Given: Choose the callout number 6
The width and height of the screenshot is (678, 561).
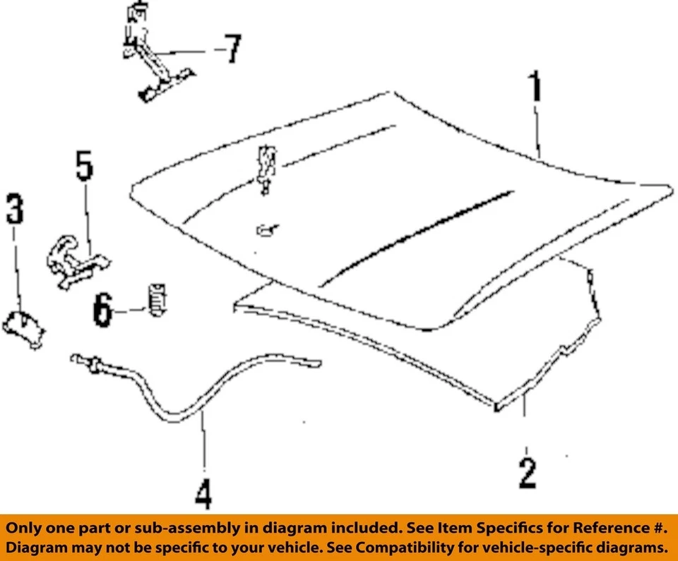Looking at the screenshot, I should tap(103, 310).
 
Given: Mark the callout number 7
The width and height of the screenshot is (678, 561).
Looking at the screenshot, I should tap(231, 51).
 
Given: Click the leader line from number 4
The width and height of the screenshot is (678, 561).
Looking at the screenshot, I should tap(203, 445).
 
